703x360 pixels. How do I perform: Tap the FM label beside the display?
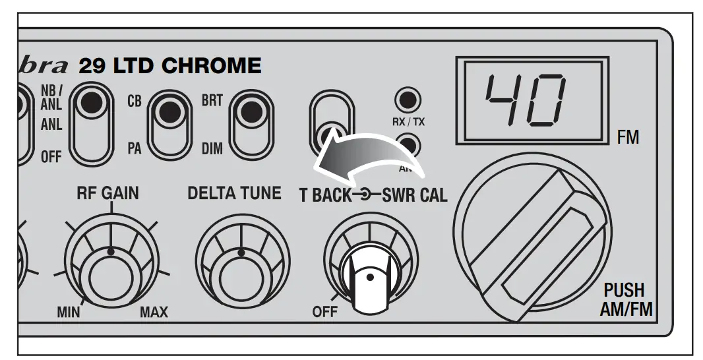click(628, 139)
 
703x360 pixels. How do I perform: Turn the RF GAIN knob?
click(110, 271)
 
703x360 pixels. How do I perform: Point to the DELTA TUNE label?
click(234, 193)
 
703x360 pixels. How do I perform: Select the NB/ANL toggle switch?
click(91, 123)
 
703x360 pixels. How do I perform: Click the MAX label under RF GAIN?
click(153, 312)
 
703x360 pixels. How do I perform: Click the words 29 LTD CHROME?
click(169, 67)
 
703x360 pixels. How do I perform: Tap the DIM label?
click(212, 150)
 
